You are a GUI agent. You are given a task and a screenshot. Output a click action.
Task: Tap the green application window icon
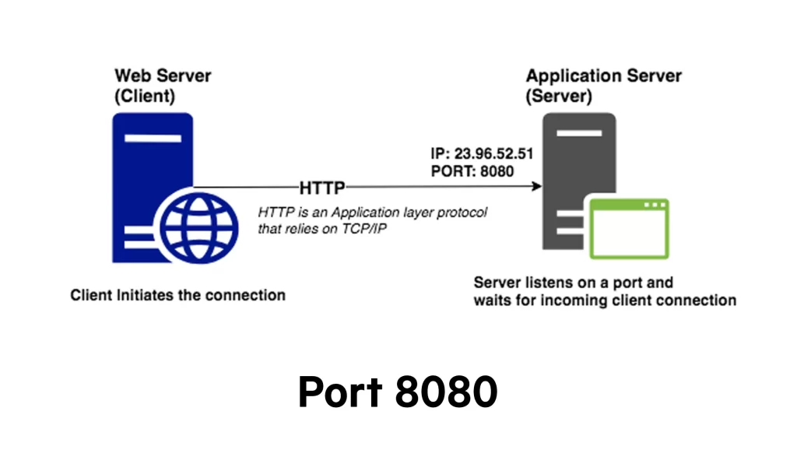(628, 229)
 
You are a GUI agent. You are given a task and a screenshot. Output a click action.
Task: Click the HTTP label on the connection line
(322, 188)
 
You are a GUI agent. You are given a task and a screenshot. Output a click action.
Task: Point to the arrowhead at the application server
(536, 187)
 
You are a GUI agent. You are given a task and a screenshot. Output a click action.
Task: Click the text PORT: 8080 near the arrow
(472, 171)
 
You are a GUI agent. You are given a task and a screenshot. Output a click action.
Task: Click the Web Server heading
(163, 76)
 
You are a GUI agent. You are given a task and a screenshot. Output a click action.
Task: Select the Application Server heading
(603, 76)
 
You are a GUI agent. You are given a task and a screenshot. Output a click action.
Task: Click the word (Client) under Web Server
(145, 97)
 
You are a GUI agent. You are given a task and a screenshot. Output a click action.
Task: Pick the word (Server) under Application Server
(559, 97)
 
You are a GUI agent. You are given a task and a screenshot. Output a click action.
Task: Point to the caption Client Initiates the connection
(177, 296)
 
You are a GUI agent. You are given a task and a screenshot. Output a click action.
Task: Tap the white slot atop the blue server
(153, 139)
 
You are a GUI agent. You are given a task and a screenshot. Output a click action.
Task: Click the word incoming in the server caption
(572, 300)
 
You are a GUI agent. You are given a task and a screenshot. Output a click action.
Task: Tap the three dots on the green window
(655, 205)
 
